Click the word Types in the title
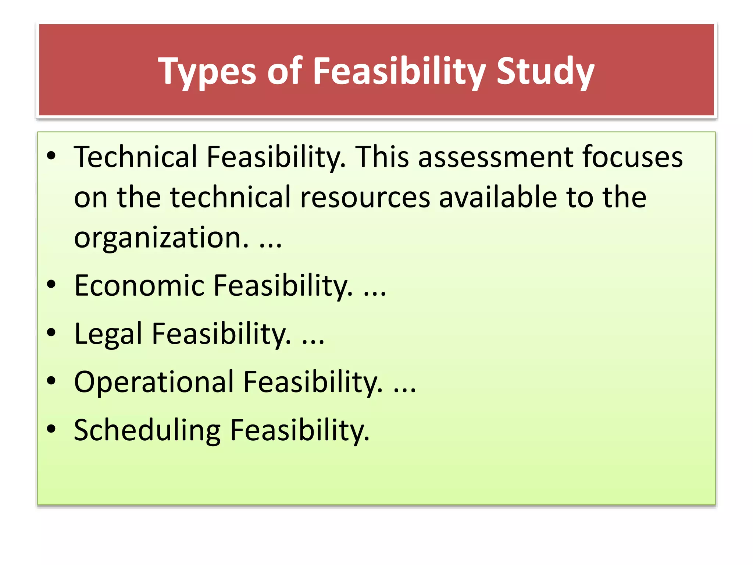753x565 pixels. (207, 71)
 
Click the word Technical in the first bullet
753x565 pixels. (136, 157)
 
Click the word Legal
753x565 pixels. (108, 334)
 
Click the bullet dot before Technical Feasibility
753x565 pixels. (51, 156)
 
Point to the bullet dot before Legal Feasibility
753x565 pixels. (51, 333)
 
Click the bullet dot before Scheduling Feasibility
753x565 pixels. (51, 429)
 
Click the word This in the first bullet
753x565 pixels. (382, 157)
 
